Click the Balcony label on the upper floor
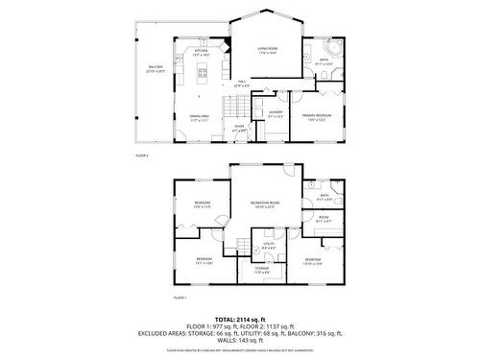pyautogui.click(x=156, y=69)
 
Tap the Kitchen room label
pyautogui.click(x=202, y=53)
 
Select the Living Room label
pyautogui.click(x=267, y=51)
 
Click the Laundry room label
pyautogui.click(x=276, y=115)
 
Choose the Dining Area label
pyautogui.click(x=199, y=117)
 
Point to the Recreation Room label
pyautogui.click(x=265, y=204)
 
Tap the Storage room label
pyautogui.click(x=262, y=271)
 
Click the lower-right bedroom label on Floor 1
pyautogui.click(x=313, y=261)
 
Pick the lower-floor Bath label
pyautogui.click(x=324, y=198)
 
